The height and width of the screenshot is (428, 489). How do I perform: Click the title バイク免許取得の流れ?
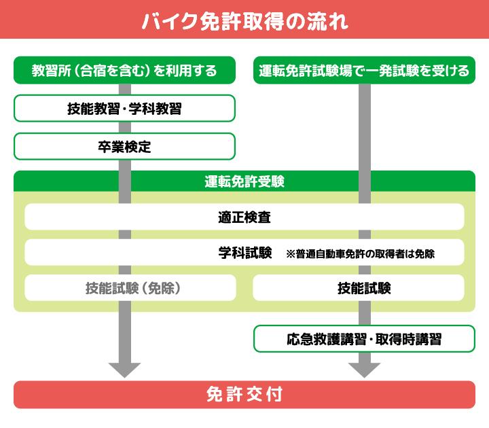(x=244, y=20)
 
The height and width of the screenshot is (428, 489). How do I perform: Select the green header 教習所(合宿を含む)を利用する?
(x=124, y=70)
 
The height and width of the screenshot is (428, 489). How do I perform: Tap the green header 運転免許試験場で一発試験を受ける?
(x=364, y=70)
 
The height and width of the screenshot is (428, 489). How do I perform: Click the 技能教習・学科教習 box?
(x=124, y=108)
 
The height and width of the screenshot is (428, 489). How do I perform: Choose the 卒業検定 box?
(x=124, y=146)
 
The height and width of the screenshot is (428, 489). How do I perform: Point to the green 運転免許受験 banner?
(x=244, y=182)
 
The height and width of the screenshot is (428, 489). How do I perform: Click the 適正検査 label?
(x=244, y=217)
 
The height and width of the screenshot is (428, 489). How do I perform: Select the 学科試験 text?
(x=244, y=253)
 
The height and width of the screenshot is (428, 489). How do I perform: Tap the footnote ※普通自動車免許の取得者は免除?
(x=360, y=254)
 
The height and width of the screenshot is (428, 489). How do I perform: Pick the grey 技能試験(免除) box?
(x=131, y=288)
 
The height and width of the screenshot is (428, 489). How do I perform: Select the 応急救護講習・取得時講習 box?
(x=364, y=338)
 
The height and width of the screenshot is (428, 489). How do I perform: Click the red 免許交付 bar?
(x=244, y=395)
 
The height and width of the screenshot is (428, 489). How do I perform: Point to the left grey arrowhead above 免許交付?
(x=124, y=370)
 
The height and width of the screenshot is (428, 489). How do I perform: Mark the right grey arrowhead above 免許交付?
(x=364, y=370)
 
